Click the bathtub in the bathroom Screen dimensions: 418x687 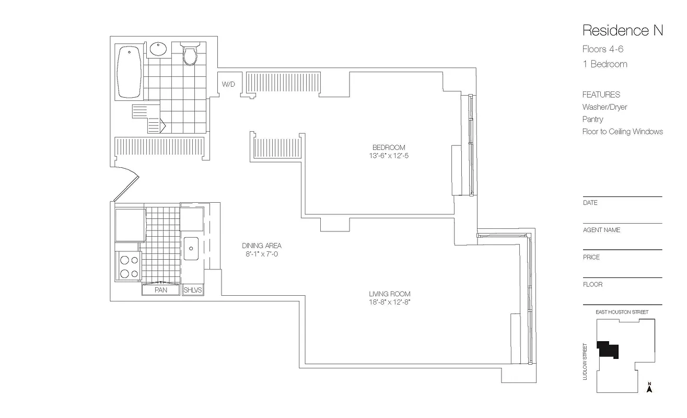pos(129,72)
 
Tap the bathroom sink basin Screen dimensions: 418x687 pos(158,50)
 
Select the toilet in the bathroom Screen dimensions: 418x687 pos(190,54)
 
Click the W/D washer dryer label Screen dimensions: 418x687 pos(228,84)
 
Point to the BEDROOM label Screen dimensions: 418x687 pos(388,147)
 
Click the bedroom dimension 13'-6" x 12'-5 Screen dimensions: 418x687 pos(388,156)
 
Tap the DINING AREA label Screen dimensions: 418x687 pos(261,246)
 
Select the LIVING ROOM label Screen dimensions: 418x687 pos(389,294)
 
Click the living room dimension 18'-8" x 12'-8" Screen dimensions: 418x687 pos(389,303)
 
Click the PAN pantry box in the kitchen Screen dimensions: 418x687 pos(161,290)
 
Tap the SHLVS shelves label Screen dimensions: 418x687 pos(192,290)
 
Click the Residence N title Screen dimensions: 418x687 pos(622,30)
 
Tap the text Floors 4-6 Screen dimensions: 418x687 pos(603,50)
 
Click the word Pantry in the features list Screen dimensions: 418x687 pos(592,119)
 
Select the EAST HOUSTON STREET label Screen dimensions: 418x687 pos(622,312)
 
